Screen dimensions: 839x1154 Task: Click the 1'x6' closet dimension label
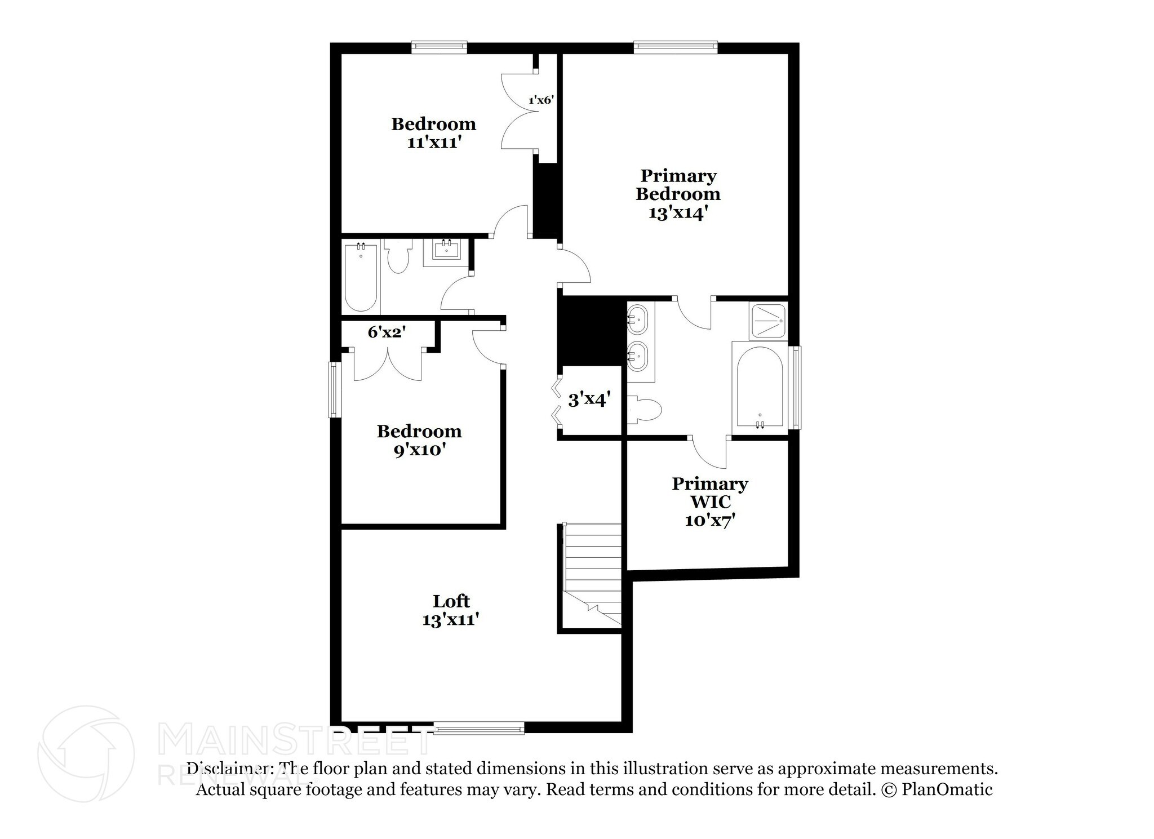tap(541, 100)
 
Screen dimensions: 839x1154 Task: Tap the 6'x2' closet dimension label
tap(387, 332)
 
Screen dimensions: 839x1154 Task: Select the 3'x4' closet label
tap(589, 400)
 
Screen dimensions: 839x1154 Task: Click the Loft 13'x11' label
tap(451, 610)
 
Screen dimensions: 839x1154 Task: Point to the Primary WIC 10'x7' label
tap(710, 501)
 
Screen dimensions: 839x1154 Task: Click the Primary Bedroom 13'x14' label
tap(678, 194)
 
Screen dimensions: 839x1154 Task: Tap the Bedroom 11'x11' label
tap(434, 133)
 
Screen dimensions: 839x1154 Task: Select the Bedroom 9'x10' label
tap(419, 441)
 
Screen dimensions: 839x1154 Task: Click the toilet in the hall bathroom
tap(398, 257)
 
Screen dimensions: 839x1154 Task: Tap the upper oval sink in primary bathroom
tap(638, 319)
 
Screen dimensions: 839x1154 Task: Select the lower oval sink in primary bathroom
tap(638, 356)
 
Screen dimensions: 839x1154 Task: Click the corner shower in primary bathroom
tap(767, 321)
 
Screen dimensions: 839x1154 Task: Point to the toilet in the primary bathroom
tap(645, 409)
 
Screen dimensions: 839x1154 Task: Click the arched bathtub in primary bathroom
tap(760, 388)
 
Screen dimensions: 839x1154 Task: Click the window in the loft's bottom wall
tap(479, 729)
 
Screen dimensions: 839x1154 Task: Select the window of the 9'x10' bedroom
tap(334, 389)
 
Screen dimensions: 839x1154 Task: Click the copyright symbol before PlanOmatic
tap(888, 790)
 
